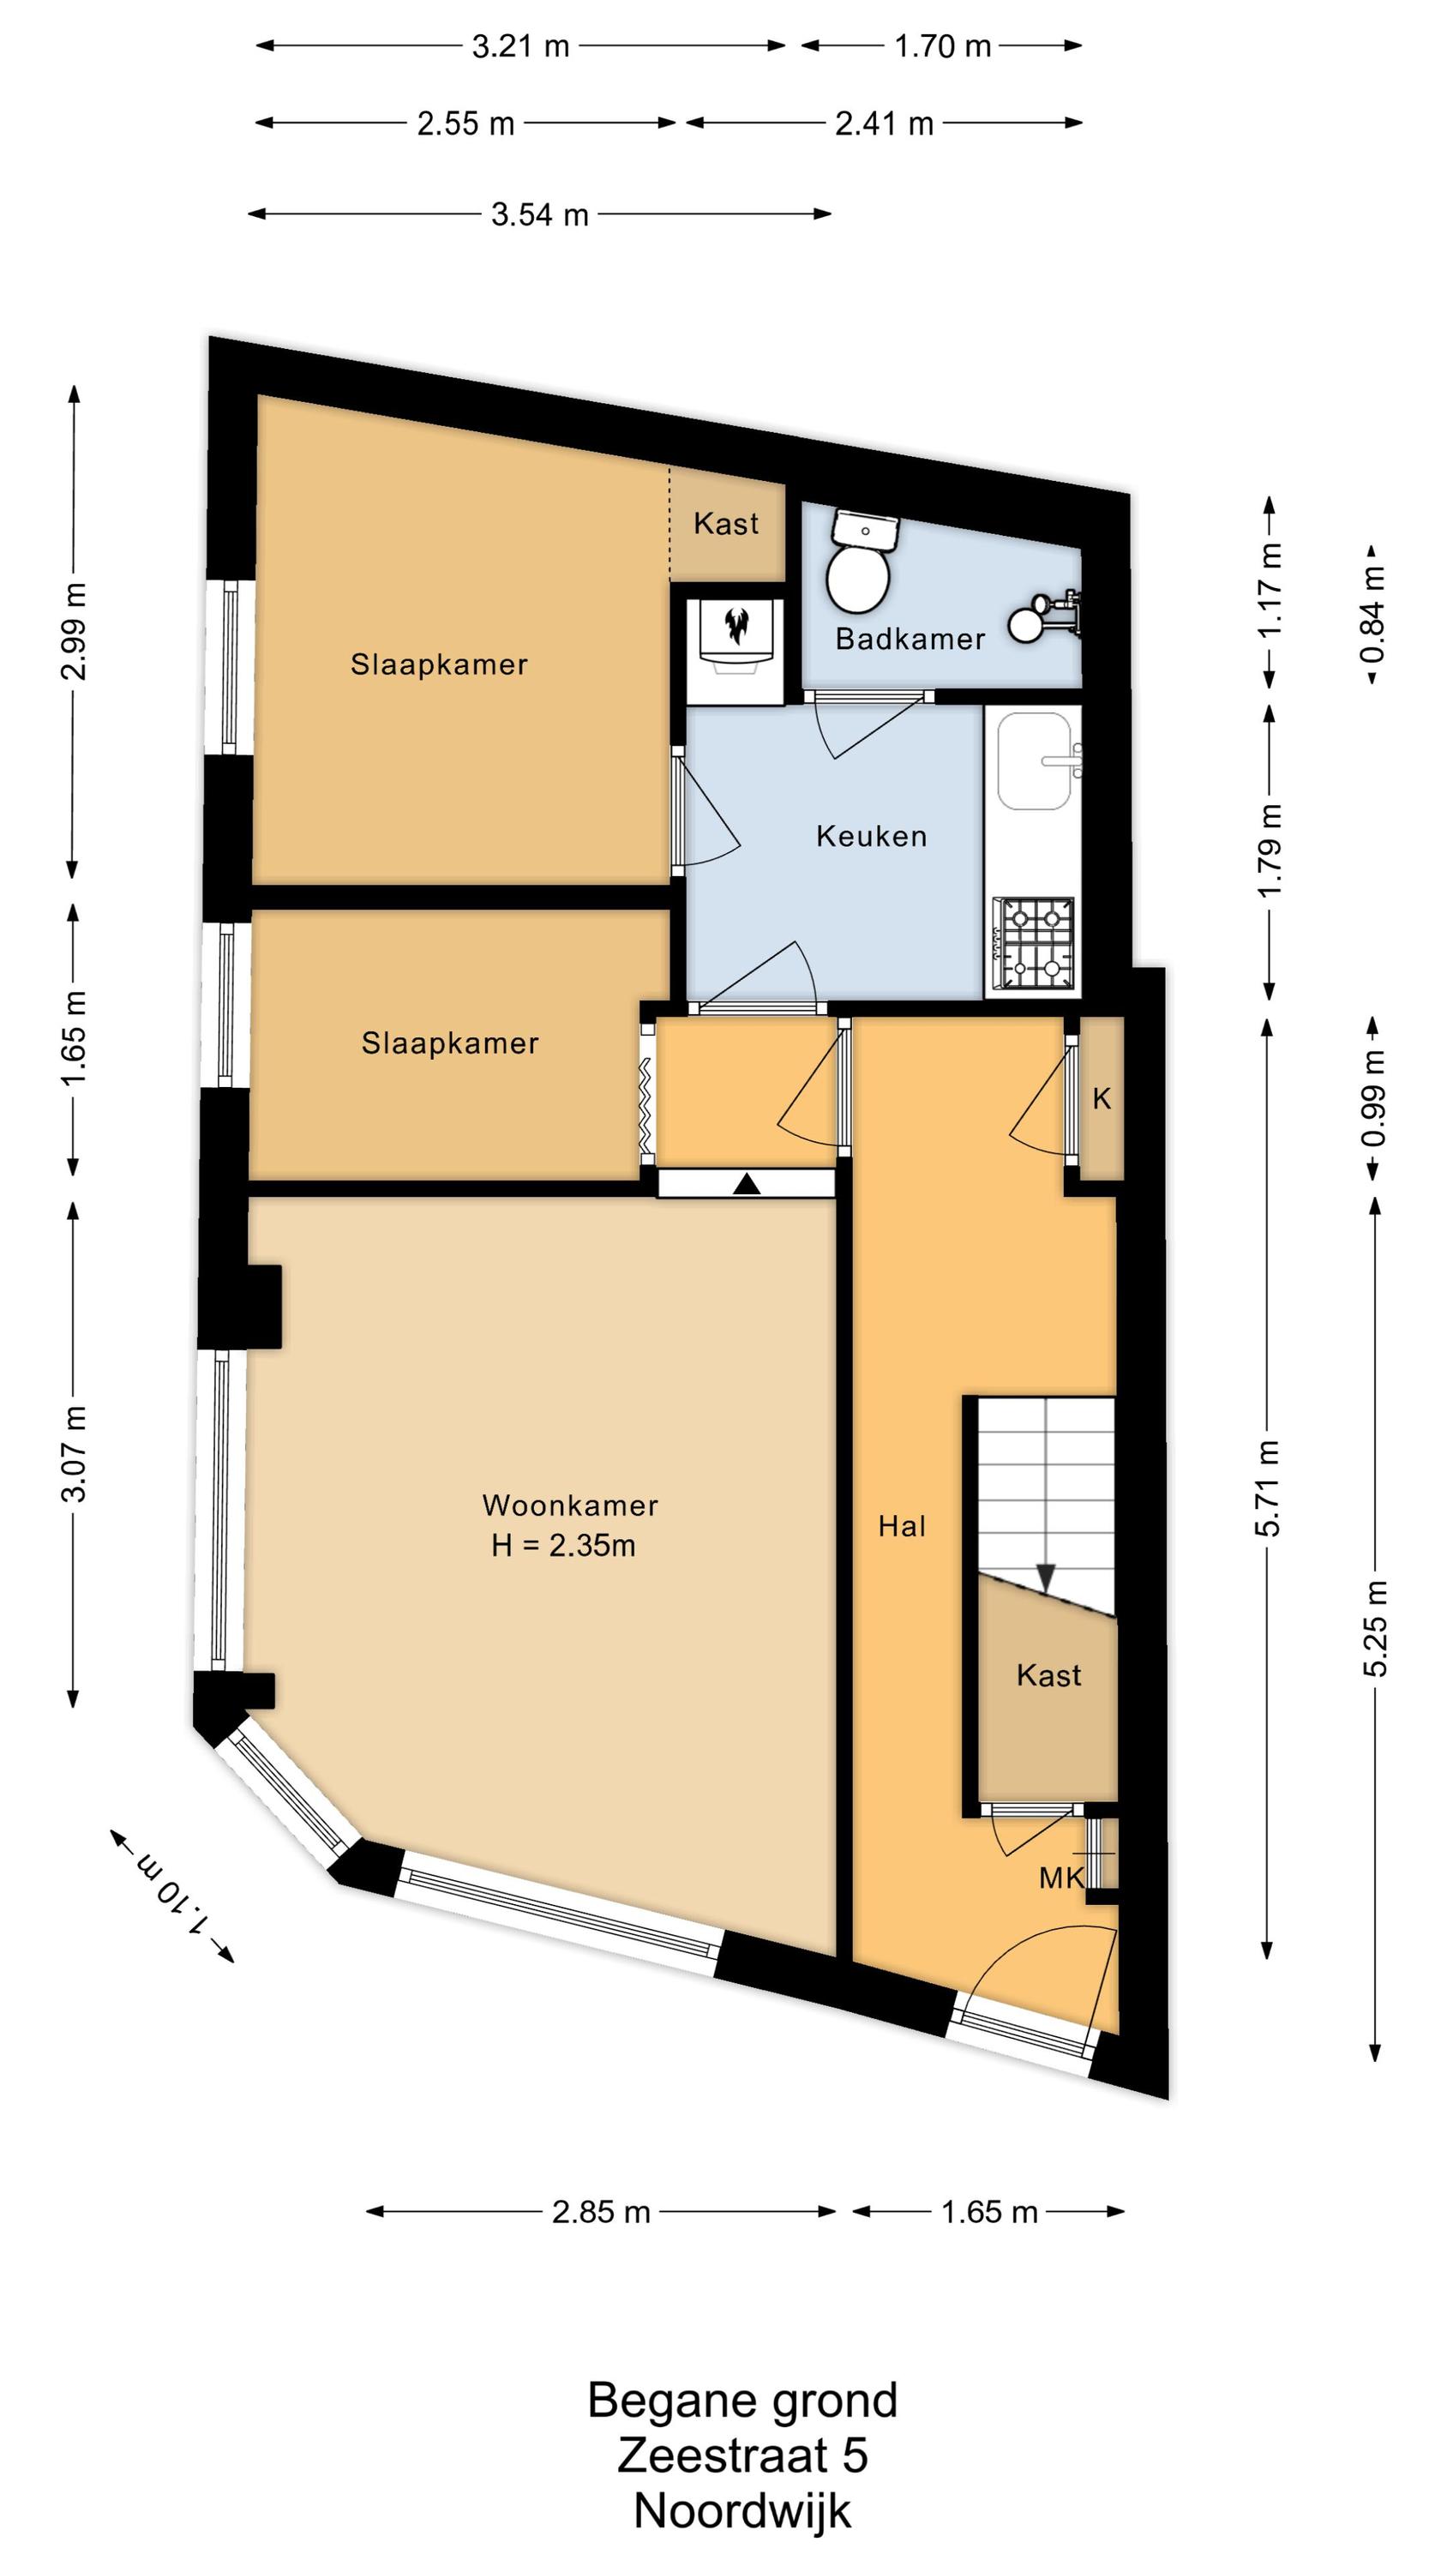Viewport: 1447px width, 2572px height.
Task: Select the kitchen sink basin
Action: pos(1035,760)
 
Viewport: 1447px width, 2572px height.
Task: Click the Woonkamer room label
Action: pos(570,1505)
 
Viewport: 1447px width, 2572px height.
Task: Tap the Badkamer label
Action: pos(910,639)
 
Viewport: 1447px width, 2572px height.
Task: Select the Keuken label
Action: pos(872,836)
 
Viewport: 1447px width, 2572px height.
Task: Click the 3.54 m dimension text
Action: pos(539,214)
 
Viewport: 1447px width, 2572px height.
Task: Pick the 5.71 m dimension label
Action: pos(1268,1487)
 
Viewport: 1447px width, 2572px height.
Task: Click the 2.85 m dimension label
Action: pos(601,2212)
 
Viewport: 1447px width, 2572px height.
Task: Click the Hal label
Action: pos(903,1526)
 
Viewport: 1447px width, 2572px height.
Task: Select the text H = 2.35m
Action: pos(563,1546)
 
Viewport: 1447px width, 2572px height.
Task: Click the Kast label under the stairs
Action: pos(1048,1674)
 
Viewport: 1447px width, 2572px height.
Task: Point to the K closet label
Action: pos(1102,1098)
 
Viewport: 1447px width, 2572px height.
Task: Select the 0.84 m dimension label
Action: pos(1374,614)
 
